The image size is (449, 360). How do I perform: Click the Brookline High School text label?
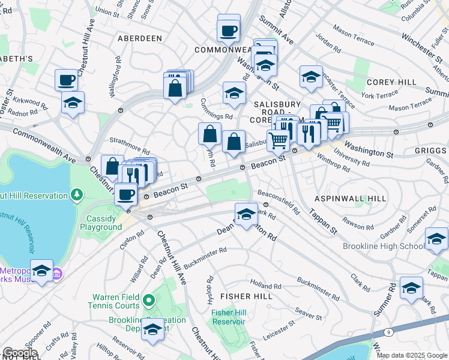point(382,246)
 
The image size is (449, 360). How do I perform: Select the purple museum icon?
point(58,274)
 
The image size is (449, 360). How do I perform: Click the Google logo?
point(20,353)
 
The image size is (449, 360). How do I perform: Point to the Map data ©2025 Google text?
point(411,355)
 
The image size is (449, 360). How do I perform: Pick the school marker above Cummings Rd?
point(234,92)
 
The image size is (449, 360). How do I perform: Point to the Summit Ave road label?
point(276,29)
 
